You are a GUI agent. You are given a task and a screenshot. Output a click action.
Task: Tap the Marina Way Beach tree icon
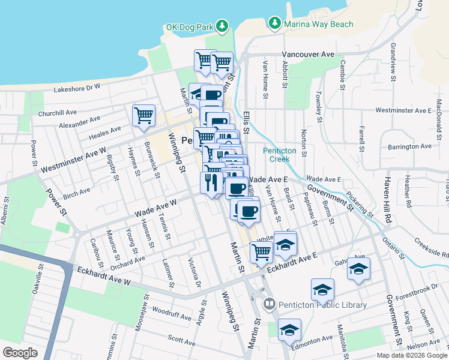(x=275, y=23)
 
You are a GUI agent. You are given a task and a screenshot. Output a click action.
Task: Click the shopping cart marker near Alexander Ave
(x=143, y=115)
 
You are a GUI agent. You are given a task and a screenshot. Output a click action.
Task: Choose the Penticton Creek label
(x=276, y=155)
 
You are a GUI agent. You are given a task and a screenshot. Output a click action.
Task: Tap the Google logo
(x=20, y=352)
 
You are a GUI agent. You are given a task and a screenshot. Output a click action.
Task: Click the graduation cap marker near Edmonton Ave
(x=289, y=331)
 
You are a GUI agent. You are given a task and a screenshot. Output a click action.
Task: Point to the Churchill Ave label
(x=58, y=112)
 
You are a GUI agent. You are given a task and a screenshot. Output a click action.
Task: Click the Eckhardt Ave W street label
(x=104, y=277)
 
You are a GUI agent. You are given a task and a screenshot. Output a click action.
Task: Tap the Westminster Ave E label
(x=403, y=110)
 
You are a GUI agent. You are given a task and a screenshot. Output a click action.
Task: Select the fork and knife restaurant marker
(x=211, y=181)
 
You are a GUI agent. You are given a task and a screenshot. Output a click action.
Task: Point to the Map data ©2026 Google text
(x=411, y=355)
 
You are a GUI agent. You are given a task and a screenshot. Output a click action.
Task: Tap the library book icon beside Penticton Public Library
(x=269, y=305)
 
